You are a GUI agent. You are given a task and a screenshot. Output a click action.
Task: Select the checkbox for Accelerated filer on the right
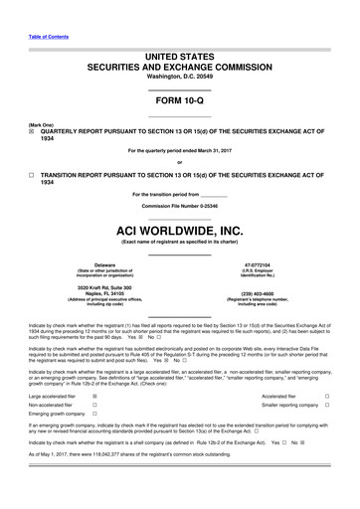(x=328, y=396)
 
